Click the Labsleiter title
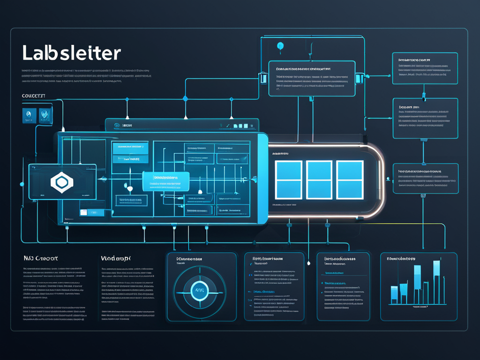(71, 53)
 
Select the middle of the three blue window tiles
(319, 179)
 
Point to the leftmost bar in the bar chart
(394, 293)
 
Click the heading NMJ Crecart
(41, 258)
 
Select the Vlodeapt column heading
(116, 258)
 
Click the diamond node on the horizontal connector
(185, 98)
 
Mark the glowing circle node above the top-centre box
(281, 45)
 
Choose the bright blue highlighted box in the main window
(165, 181)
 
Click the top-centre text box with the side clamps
(311, 78)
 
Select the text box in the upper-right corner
(425, 68)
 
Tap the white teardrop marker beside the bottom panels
(309, 263)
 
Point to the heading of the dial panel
(189, 259)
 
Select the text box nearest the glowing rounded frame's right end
(425, 178)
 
